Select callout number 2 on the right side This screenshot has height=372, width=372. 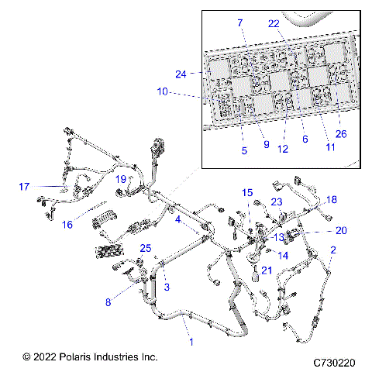[x=333, y=250]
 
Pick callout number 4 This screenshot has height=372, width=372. [x=177, y=220]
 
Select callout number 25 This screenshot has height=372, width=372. [x=144, y=248]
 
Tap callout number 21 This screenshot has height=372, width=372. [x=266, y=270]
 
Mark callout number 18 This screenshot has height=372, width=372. [x=332, y=200]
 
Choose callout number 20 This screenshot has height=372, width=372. [x=341, y=230]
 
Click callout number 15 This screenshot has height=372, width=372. [x=247, y=192]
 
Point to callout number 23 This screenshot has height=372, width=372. [x=276, y=201]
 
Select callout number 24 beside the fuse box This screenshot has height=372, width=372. [x=181, y=74]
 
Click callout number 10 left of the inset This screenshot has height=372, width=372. [x=162, y=91]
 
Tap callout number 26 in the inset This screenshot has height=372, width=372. [x=341, y=133]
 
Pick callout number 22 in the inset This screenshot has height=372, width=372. [x=273, y=24]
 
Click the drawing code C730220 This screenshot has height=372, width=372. [x=334, y=362]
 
